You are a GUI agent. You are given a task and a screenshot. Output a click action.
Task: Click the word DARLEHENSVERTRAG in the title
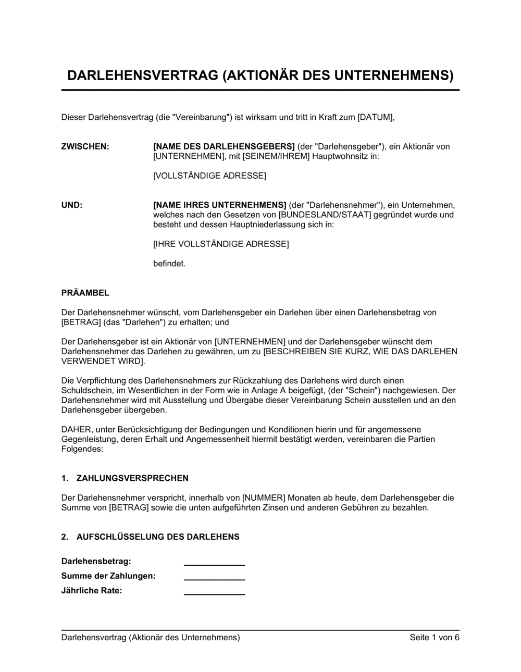point(142,76)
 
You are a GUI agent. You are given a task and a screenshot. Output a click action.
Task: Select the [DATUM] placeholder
point(375,117)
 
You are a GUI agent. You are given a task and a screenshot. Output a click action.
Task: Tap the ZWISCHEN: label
point(85,146)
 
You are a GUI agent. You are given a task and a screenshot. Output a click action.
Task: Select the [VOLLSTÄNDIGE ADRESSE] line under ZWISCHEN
point(209,176)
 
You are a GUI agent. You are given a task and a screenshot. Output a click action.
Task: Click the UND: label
point(72,205)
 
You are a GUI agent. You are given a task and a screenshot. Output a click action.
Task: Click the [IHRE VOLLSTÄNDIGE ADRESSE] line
point(221,244)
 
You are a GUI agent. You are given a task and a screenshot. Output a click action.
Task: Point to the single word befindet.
point(169,264)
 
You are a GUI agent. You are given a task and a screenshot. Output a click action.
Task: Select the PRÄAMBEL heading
point(85,293)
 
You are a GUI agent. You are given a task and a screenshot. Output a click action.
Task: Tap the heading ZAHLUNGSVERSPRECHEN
point(132,478)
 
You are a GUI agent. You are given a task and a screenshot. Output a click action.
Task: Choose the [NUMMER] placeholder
point(264,497)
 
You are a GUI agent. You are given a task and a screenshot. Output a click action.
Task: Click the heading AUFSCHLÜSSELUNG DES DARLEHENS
point(158,537)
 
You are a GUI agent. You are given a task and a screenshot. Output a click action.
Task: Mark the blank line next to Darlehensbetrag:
point(214,563)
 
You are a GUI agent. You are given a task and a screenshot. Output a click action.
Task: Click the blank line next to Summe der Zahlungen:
point(214,577)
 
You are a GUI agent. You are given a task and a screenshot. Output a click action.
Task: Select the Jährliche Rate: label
point(92,591)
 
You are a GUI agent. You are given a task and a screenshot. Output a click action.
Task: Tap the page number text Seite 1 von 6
point(435,638)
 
